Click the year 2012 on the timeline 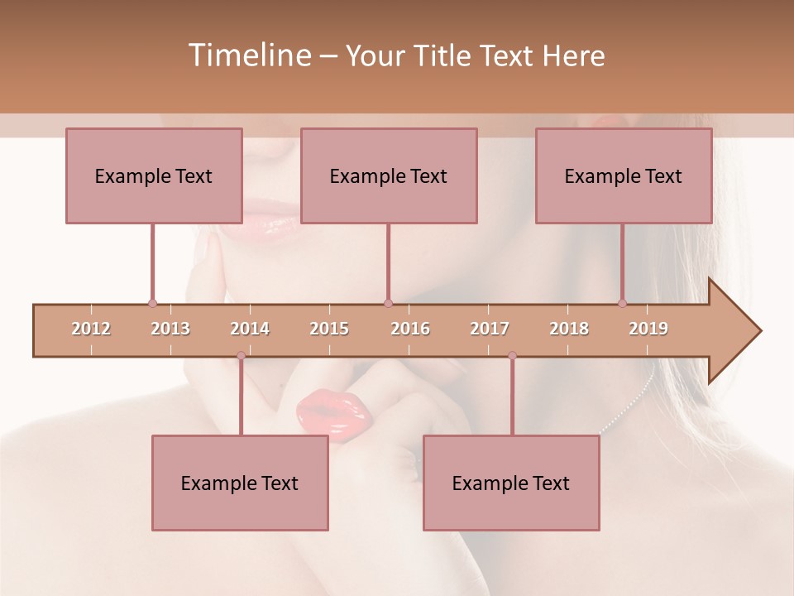click(91, 329)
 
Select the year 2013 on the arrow click(170, 329)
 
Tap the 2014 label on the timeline click(250, 329)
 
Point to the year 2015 click(329, 329)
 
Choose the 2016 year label click(410, 329)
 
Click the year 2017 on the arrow click(490, 329)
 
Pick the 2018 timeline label click(569, 329)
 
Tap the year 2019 click(648, 329)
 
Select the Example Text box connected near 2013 click(154, 175)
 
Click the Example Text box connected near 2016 click(389, 175)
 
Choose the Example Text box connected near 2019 click(624, 175)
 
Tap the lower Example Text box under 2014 click(240, 483)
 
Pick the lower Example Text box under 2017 click(511, 483)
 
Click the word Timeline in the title click(247, 55)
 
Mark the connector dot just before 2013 click(152, 303)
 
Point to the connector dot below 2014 click(241, 356)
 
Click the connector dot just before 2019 click(623, 303)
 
